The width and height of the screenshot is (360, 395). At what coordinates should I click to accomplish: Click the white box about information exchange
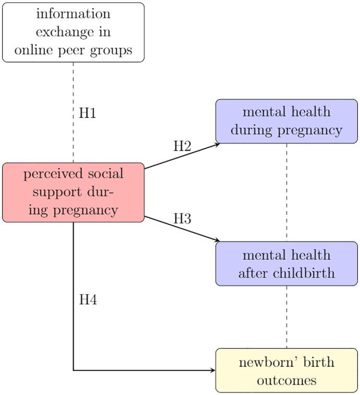[73, 32]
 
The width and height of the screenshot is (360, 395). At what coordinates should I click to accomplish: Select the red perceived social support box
[73, 192]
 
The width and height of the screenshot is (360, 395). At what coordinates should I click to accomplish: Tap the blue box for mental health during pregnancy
[287, 121]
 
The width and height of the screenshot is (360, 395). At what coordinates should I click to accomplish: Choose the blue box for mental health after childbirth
[287, 264]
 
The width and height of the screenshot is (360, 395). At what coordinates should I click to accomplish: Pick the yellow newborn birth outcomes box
[287, 371]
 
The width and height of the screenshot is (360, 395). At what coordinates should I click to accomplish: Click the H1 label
[88, 113]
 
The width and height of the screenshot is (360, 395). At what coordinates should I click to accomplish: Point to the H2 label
[182, 146]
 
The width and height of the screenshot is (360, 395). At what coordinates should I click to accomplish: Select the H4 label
[88, 300]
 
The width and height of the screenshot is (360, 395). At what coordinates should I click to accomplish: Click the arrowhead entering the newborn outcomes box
[213, 371]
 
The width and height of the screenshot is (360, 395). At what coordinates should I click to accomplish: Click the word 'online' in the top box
[33, 51]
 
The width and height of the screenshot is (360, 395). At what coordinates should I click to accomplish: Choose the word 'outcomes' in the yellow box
[287, 380]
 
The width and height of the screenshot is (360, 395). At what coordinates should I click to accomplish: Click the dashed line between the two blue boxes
[287, 193]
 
